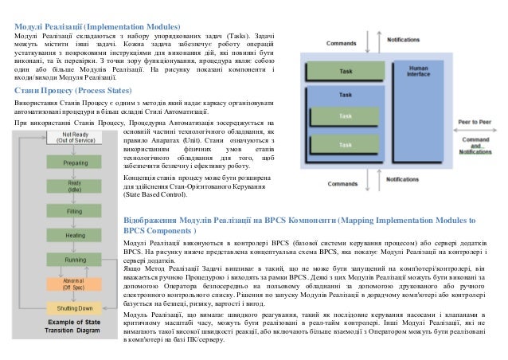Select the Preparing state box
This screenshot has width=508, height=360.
[75, 163]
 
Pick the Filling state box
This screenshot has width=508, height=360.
[75, 212]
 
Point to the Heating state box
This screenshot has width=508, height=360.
[75, 236]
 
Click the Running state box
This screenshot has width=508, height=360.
[75, 260]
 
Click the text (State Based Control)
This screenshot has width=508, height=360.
[155, 194]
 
